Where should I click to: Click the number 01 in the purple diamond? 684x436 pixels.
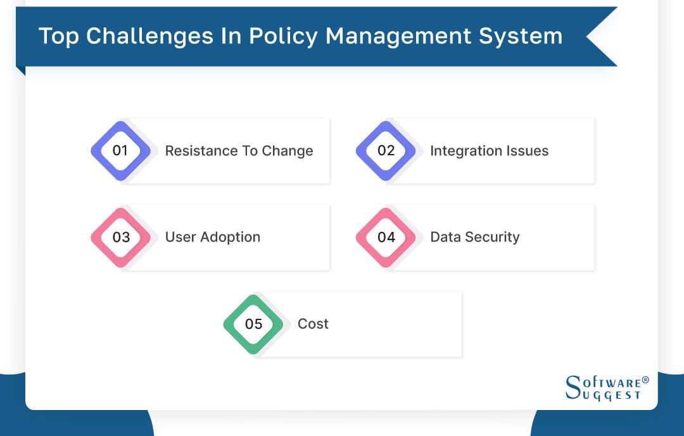point(120,151)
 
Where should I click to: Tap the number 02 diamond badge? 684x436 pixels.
point(386,151)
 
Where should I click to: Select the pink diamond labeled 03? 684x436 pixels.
point(120,237)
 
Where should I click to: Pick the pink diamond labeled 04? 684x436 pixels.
point(386,237)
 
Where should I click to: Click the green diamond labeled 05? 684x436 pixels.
point(253,324)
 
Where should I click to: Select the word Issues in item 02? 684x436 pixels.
point(526,151)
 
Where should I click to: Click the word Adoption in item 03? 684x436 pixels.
point(230,237)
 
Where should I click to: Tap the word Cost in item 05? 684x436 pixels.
point(313,324)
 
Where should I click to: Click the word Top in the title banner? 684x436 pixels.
point(59,36)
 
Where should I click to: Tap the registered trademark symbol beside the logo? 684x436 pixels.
point(645,380)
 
